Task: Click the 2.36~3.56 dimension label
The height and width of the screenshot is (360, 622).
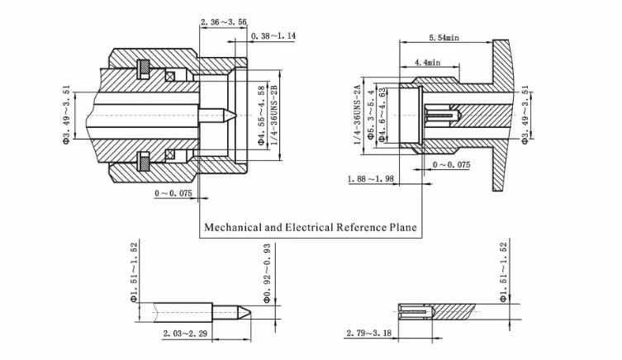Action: (223, 21)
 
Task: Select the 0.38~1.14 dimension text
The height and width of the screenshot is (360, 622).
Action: (273, 36)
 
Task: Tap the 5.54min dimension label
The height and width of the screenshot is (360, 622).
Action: (444, 38)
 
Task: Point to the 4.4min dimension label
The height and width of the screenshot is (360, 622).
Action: (428, 62)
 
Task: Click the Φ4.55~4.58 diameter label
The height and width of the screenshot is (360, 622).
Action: (261, 116)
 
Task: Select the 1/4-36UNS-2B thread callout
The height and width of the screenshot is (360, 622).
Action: (273, 115)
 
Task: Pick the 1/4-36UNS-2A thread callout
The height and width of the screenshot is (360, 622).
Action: (358, 115)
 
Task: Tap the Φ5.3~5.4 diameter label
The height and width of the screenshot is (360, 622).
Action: (371, 115)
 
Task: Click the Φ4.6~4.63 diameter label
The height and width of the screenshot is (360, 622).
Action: (382, 115)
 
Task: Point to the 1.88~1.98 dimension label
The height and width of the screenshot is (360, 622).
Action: (371, 179)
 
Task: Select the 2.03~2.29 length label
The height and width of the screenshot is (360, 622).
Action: (185, 334)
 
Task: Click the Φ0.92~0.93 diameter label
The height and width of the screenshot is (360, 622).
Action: (267, 273)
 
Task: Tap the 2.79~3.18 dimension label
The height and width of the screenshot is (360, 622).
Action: (369, 333)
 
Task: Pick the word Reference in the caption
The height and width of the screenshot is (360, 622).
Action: (361, 227)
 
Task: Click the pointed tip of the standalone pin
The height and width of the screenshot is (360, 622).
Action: (251, 312)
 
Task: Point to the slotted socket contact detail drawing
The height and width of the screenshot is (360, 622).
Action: (436, 311)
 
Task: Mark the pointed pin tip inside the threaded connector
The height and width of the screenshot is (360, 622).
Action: (237, 116)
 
